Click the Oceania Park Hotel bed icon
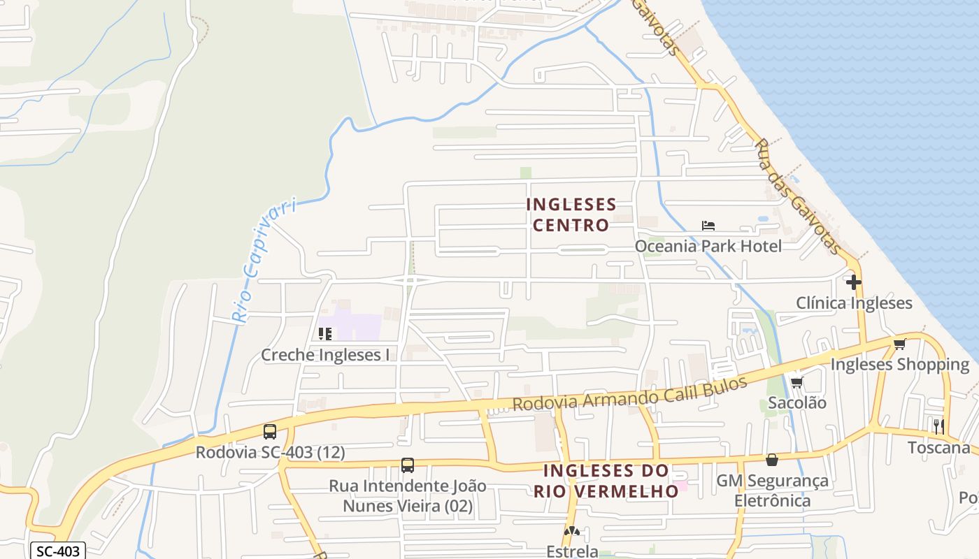708,226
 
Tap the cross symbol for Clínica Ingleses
854,282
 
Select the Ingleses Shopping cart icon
899,344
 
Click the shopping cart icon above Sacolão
796,382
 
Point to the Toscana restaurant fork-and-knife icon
938,426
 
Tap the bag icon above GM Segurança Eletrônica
772,460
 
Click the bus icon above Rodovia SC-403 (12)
270,432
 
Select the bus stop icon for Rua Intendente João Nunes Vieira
408,465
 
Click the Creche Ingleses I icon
324,334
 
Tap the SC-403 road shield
59,551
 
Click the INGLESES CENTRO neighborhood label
571,215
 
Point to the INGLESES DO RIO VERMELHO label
606,481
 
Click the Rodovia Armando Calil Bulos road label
629,395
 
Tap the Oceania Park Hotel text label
708,246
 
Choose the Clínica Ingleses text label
854,303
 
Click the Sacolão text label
797,403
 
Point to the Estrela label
572,551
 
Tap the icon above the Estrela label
572,532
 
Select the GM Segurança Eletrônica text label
772,491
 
